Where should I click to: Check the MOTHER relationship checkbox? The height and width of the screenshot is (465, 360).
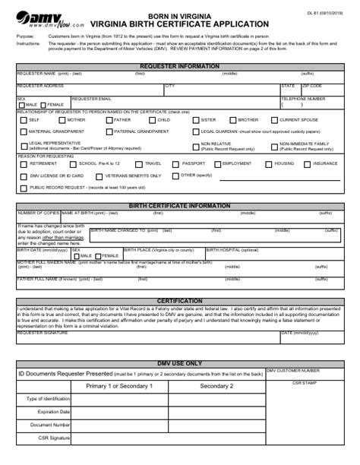click(62, 120)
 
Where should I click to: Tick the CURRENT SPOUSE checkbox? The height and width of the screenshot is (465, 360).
click(274, 120)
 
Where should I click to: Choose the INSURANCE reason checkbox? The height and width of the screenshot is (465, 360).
click(308, 163)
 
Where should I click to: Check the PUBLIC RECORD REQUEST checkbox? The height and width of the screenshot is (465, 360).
click(23, 187)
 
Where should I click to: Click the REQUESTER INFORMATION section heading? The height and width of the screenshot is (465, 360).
click(180, 66)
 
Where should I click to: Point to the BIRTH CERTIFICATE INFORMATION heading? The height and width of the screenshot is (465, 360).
click(180, 206)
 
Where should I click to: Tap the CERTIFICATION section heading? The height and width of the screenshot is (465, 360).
click(180, 301)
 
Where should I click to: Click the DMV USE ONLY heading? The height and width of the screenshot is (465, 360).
click(180, 363)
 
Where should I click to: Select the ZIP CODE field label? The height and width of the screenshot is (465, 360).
click(311, 86)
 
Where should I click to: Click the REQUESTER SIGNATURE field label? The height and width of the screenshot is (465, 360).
click(43, 333)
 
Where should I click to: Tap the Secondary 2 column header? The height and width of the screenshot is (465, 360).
click(216, 386)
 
